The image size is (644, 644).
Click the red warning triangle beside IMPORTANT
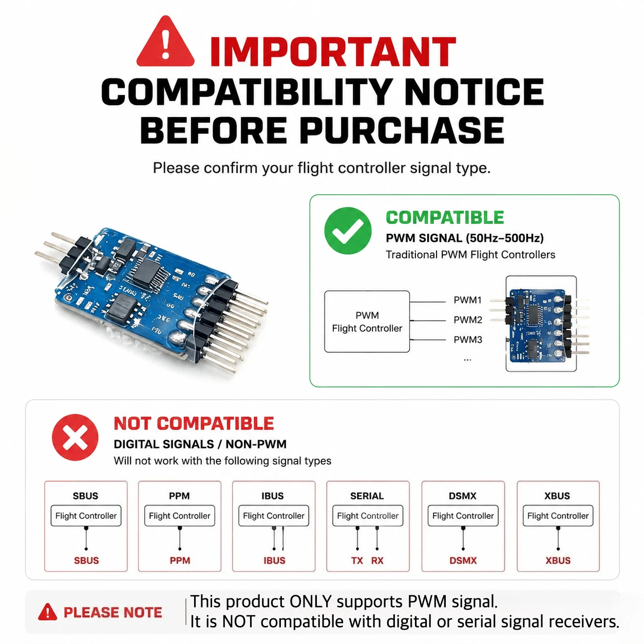coord(165,42)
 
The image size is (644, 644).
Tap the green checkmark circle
coord(348,231)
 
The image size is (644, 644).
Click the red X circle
coord(75,437)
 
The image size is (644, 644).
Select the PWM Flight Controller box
coord(367,321)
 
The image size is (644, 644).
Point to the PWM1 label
coord(467,300)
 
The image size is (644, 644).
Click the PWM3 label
coord(468,339)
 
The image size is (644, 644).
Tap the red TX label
coord(357,560)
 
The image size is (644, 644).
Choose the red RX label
coord(377,560)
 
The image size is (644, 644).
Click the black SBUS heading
coord(86,496)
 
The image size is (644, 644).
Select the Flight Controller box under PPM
coord(179,516)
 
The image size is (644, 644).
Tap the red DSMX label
coord(463,560)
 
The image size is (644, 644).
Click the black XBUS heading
coord(557,496)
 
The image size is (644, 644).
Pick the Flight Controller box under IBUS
coord(274,516)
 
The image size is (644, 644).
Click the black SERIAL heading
coord(367,496)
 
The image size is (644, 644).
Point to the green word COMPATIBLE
coord(445,218)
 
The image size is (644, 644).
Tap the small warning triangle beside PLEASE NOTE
coord(47,612)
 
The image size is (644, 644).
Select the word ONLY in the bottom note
coord(311,602)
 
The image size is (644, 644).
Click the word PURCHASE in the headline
coord(402,130)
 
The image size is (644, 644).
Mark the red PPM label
coord(180,560)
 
